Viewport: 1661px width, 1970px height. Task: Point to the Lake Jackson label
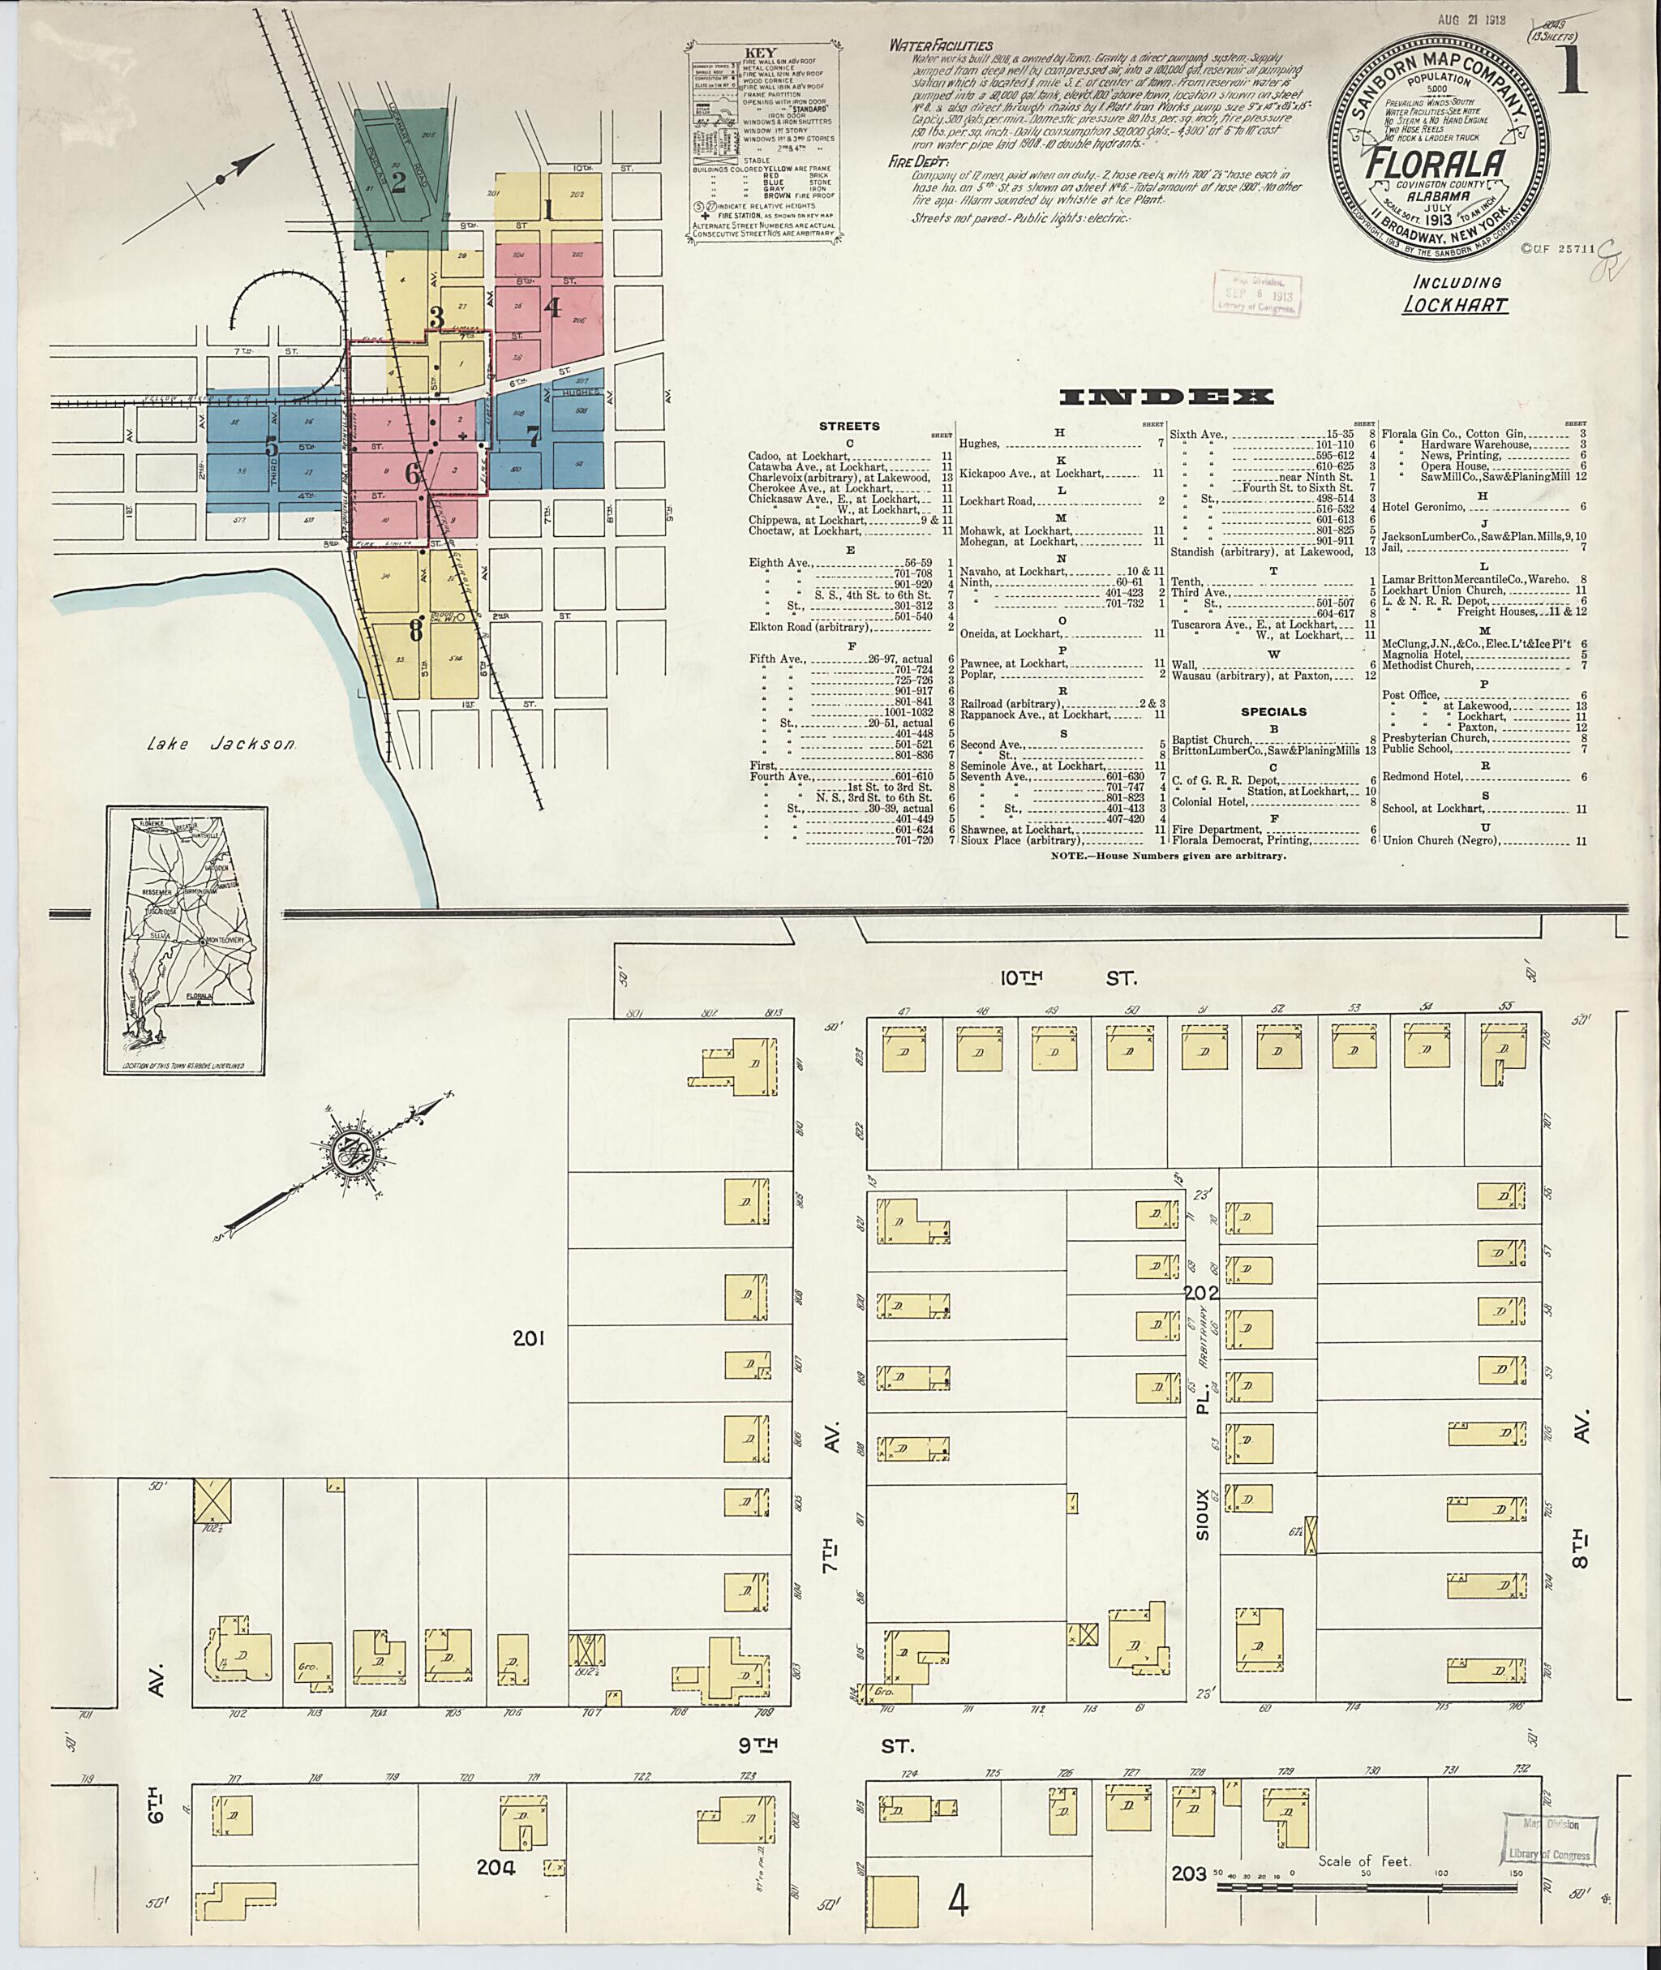pyautogui.click(x=223, y=744)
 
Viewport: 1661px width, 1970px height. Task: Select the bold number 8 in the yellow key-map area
pyautogui.click(x=414, y=630)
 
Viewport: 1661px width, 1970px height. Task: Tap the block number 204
pyautogui.click(x=496, y=1867)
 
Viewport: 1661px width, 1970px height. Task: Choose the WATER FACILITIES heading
pyautogui.click(x=941, y=45)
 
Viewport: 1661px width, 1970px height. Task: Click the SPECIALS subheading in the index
pyautogui.click(x=1273, y=712)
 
